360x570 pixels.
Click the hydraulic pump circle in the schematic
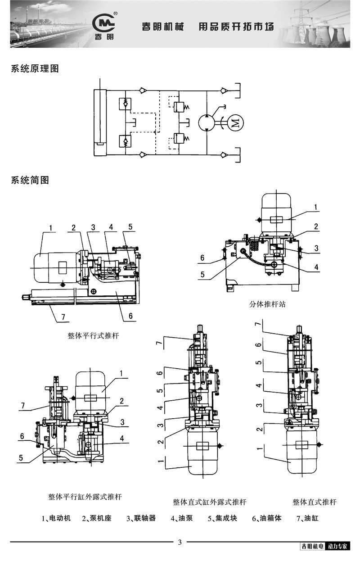[207, 122]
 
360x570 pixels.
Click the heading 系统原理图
[35, 69]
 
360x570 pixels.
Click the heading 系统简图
[30, 181]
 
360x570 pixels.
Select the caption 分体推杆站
[267, 304]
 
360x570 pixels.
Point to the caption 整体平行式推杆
[93, 336]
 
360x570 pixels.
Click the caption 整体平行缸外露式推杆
[85, 497]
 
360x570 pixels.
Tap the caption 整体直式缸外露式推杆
[209, 502]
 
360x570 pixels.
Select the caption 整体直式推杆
[314, 502]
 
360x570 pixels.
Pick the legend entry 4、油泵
[181, 518]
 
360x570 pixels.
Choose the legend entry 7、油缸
[307, 518]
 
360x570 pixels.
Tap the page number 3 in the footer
[180, 542]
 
